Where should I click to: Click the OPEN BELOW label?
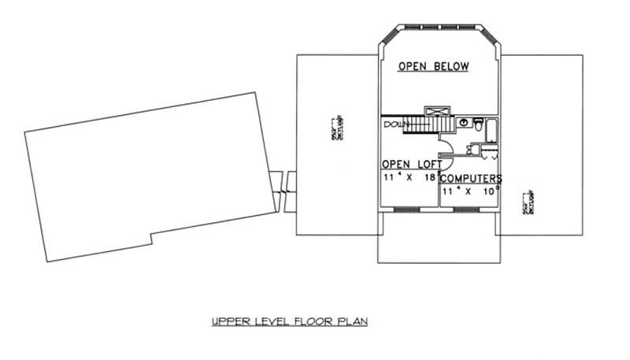click(433, 67)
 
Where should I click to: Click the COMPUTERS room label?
click(471, 179)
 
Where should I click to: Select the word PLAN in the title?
click(354, 321)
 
